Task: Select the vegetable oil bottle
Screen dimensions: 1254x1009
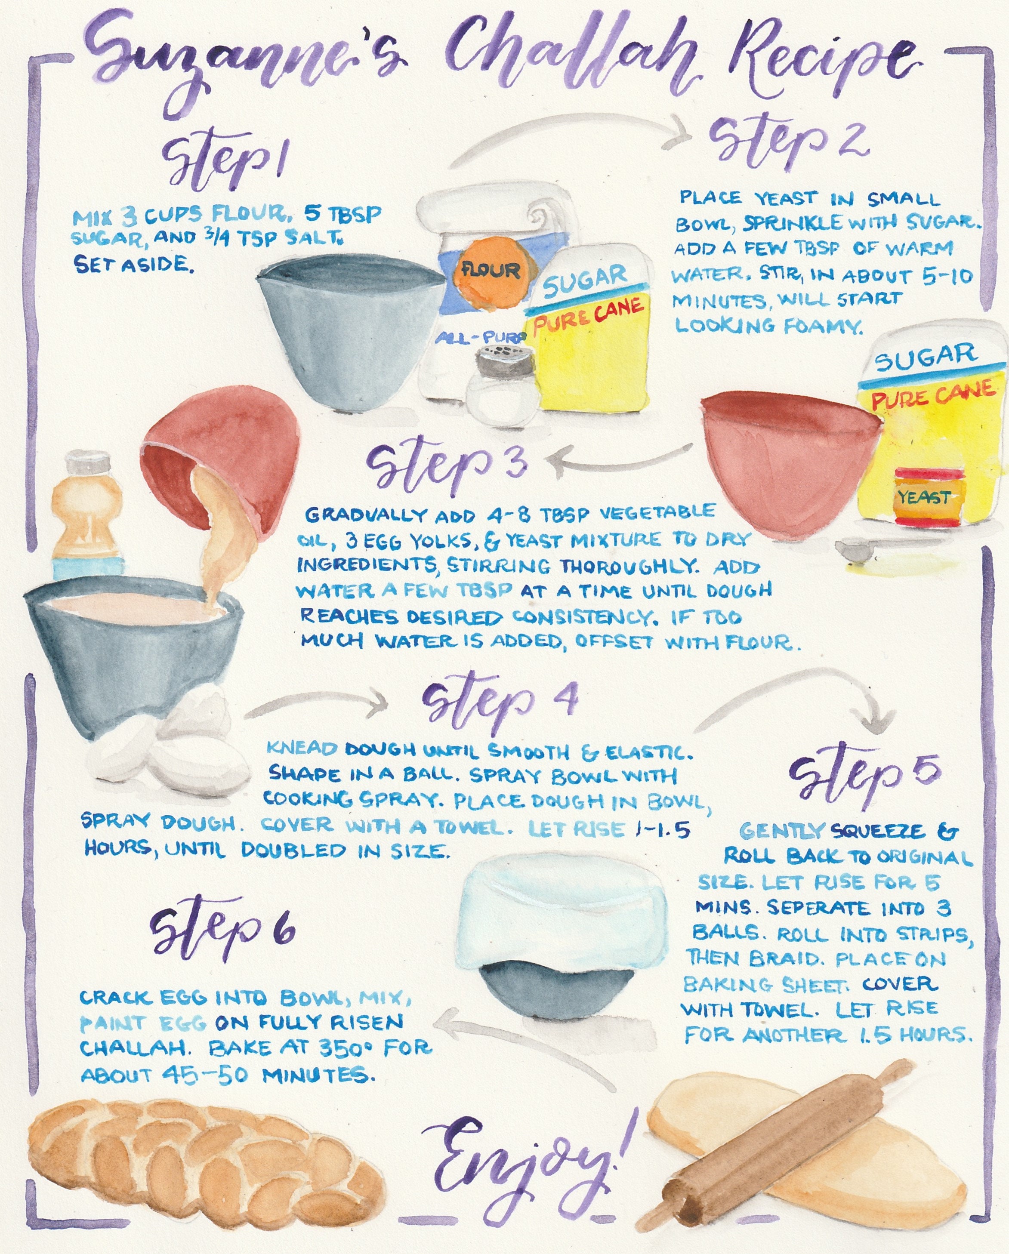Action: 87,518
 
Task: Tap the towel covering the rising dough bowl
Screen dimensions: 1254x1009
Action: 562,919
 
